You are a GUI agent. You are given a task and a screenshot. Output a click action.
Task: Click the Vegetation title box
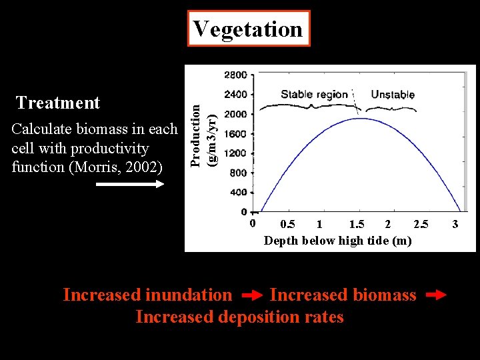[x=248, y=29]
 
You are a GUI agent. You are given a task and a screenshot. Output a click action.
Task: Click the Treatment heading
[x=58, y=103]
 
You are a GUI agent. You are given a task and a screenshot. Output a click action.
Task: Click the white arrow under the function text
[x=130, y=185]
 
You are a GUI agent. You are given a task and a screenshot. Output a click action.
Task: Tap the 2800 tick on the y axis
[x=235, y=74]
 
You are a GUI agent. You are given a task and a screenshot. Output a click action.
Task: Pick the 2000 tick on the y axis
[x=235, y=114]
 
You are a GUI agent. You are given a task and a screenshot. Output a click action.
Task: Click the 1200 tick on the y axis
[x=235, y=153]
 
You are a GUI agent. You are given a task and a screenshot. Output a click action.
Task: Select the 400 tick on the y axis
[x=238, y=193]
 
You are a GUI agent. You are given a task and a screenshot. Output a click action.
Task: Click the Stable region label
[x=314, y=94]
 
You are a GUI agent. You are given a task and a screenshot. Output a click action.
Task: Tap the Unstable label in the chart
[x=392, y=94]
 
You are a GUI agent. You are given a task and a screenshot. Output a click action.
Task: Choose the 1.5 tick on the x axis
[x=357, y=224]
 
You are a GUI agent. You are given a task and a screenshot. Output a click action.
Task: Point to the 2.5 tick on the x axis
[x=421, y=224]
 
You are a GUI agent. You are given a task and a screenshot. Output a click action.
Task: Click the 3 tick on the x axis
[x=455, y=224]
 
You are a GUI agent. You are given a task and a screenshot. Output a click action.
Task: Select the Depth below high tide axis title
[x=337, y=240]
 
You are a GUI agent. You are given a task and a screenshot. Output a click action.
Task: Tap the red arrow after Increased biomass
[x=435, y=294]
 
